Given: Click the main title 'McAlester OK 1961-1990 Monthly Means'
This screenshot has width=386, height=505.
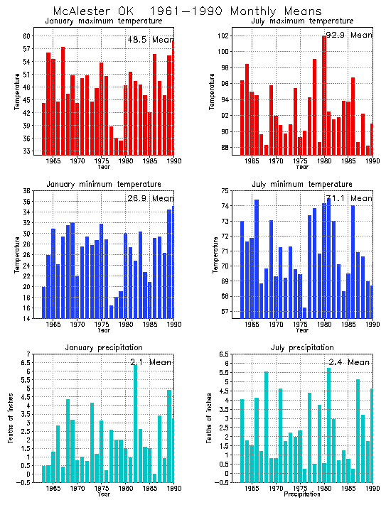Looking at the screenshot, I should point(187,11).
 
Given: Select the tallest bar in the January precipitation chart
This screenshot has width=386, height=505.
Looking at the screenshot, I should point(135,424).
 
